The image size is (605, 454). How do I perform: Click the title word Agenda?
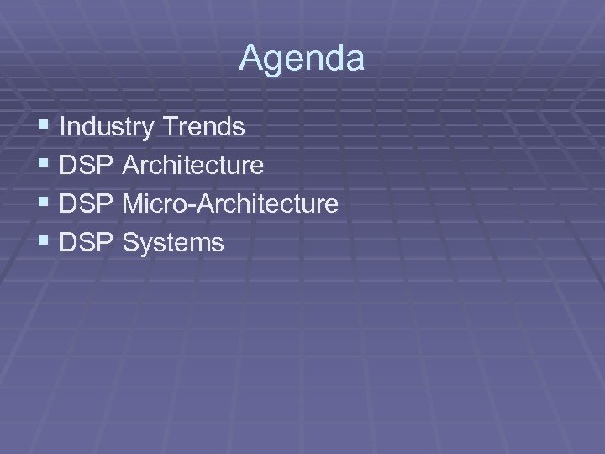click(x=302, y=59)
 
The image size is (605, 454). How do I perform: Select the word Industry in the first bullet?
click(x=107, y=127)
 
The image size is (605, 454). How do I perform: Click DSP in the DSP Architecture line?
click(x=87, y=165)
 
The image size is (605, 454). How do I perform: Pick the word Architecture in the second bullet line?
click(x=192, y=165)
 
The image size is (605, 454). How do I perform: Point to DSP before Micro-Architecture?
click(x=87, y=203)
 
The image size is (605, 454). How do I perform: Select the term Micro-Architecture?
click(x=230, y=203)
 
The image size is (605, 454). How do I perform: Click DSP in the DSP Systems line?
click(x=87, y=242)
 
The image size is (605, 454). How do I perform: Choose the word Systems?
click(x=173, y=243)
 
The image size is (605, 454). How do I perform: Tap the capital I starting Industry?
click(x=64, y=127)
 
